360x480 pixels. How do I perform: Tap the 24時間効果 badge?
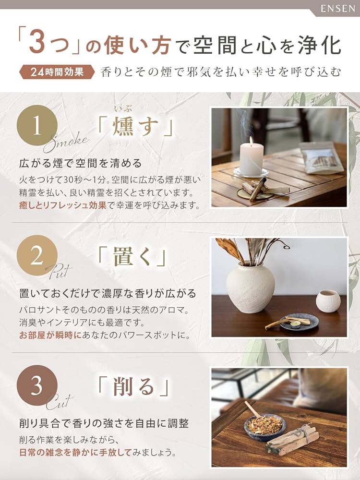click(x=56, y=72)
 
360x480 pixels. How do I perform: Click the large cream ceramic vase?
click(x=250, y=287)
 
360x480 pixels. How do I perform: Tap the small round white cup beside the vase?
click(x=328, y=300)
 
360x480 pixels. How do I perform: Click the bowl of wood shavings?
click(x=264, y=427)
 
